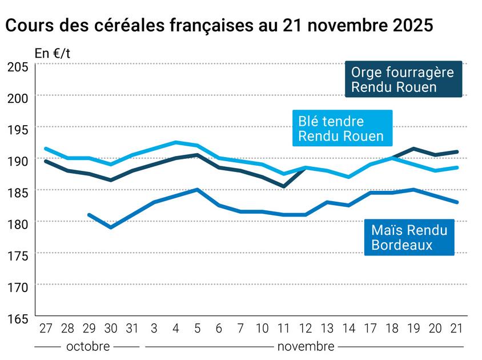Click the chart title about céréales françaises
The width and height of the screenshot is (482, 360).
(x=219, y=26)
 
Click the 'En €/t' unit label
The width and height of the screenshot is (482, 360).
(x=53, y=54)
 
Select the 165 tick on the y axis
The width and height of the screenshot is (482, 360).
(x=18, y=318)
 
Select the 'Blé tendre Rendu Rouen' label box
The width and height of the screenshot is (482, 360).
(x=341, y=129)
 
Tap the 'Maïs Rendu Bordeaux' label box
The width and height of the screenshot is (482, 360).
(x=409, y=237)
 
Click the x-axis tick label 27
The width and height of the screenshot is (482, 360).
(x=46, y=329)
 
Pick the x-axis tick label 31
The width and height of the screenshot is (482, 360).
(x=132, y=329)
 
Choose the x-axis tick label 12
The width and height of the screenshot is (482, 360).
(x=306, y=329)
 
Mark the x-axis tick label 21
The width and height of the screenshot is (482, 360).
(x=456, y=329)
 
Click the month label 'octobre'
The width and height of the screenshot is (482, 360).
(x=89, y=346)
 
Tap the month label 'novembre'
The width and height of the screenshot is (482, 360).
(x=306, y=346)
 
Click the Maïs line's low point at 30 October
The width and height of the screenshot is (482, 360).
(x=111, y=227)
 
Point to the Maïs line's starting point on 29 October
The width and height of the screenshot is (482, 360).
(x=89, y=215)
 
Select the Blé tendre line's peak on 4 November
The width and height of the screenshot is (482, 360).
(x=175, y=142)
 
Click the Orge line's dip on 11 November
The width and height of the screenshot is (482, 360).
(x=284, y=186)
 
